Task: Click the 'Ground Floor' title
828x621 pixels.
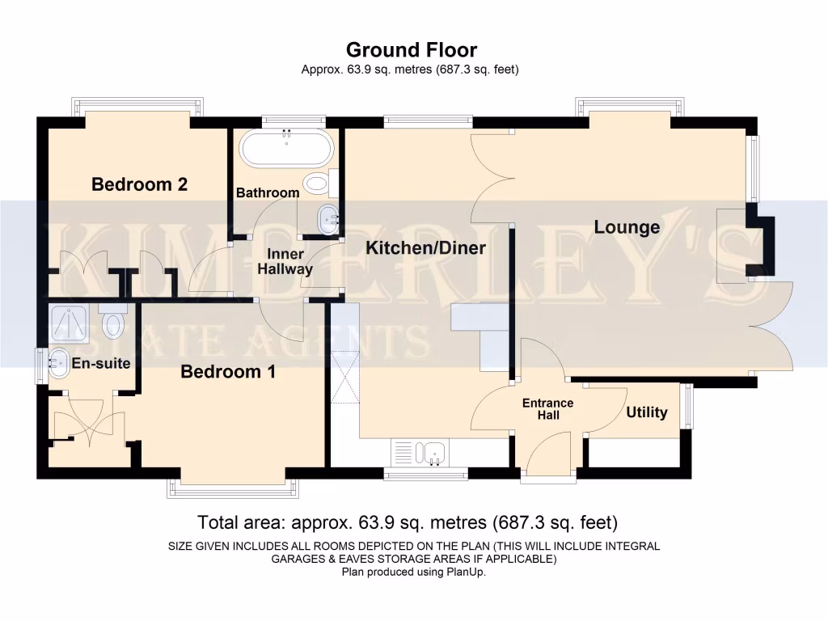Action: (x=412, y=50)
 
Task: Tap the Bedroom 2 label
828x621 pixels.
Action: (x=140, y=184)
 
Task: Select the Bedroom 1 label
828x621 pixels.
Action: (x=228, y=372)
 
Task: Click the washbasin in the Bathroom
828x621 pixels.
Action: (x=327, y=219)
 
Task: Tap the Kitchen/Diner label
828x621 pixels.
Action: (x=425, y=247)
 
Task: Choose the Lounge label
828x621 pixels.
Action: (x=627, y=227)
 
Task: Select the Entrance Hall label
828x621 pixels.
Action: (x=547, y=409)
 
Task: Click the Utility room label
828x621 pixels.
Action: (x=647, y=412)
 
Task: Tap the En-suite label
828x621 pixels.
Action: (x=101, y=363)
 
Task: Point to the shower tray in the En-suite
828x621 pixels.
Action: (x=71, y=324)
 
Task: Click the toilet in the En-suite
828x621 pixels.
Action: (x=112, y=322)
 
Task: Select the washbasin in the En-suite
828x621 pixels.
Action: (x=59, y=363)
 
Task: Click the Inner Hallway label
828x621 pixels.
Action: (x=285, y=262)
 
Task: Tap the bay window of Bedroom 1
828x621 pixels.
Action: (x=232, y=488)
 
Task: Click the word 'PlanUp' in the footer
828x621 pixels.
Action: (x=465, y=572)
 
